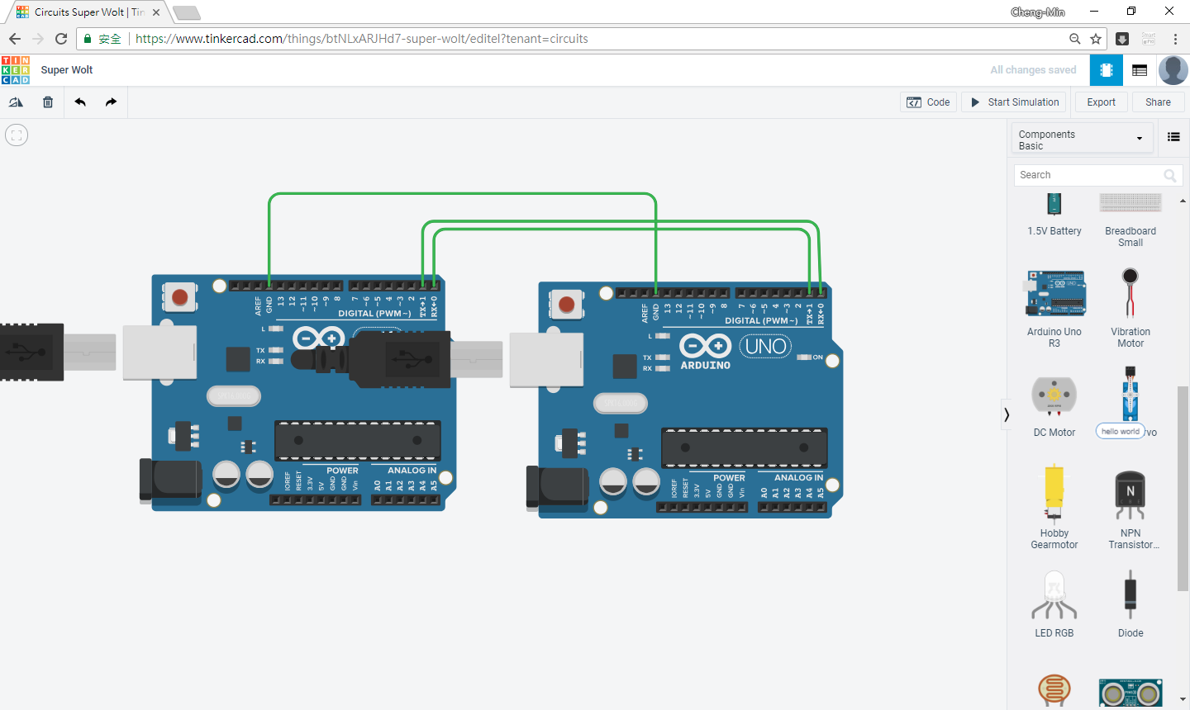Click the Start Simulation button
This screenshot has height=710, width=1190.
(x=1014, y=102)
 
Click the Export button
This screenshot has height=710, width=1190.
(x=1101, y=102)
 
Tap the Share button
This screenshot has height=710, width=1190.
(x=1157, y=102)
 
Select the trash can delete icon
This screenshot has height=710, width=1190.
(x=48, y=102)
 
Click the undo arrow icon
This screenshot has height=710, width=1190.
(x=80, y=102)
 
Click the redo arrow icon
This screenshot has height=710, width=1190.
(x=112, y=102)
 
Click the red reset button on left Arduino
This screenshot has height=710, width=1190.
(x=179, y=297)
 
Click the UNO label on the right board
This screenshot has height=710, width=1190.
(x=765, y=346)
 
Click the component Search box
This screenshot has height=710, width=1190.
(x=1089, y=175)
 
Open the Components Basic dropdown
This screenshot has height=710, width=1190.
(x=1082, y=140)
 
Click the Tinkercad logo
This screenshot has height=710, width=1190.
(x=16, y=70)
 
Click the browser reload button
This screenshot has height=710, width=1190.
(x=61, y=39)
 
